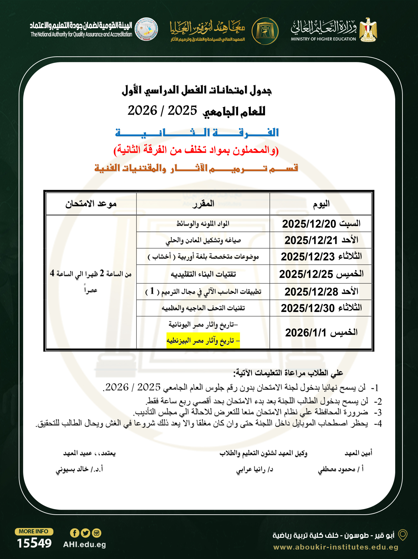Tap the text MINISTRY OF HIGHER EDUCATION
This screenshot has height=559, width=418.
pyautogui.click(x=323, y=39)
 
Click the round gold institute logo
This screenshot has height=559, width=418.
pyautogui.click(x=265, y=31)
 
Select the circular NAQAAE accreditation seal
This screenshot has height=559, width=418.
pyautogui.click(x=146, y=29)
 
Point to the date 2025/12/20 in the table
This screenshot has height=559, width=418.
pyautogui.click(x=309, y=224)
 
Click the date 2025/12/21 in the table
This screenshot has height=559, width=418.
pyautogui.click(x=311, y=240)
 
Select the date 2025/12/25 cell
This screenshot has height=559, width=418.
pyautogui.click(x=306, y=274)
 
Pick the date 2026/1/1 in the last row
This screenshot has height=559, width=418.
pyautogui.click(x=306, y=333)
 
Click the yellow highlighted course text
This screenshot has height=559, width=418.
pyautogui.click(x=203, y=340)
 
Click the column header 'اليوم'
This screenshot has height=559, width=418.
pyautogui.click(x=321, y=204)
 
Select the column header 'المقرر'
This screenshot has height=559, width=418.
pyautogui.click(x=203, y=204)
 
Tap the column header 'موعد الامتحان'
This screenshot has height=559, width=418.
pyautogui.click(x=91, y=204)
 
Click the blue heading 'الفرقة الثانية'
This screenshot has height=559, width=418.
pyautogui.click(x=197, y=132)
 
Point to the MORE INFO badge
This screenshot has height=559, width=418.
pyautogui.click(x=34, y=531)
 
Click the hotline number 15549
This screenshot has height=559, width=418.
pyautogui.click(x=34, y=543)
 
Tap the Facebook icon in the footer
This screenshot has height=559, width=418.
pyautogui.click(x=74, y=533)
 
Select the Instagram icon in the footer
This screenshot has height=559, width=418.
pyautogui.click(x=97, y=533)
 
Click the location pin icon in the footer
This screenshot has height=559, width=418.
pyautogui.click(x=403, y=535)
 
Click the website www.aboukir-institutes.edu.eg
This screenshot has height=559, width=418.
pyautogui.click(x=336, y=547)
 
